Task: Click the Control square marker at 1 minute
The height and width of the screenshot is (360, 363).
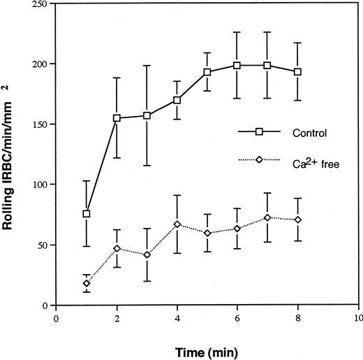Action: [87, 214]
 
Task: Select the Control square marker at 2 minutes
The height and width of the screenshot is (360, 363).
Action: [117, 118]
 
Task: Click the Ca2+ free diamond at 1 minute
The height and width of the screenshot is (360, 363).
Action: [87, 283]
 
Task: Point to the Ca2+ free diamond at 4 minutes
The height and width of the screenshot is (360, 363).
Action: [177, 224]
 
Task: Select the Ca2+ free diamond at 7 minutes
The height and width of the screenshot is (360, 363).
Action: [268, 218]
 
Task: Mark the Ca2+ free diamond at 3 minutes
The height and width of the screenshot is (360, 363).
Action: [147, 254]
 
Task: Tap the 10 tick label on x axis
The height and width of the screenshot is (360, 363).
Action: [358, 315]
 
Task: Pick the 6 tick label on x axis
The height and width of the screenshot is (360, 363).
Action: [238, 315]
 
